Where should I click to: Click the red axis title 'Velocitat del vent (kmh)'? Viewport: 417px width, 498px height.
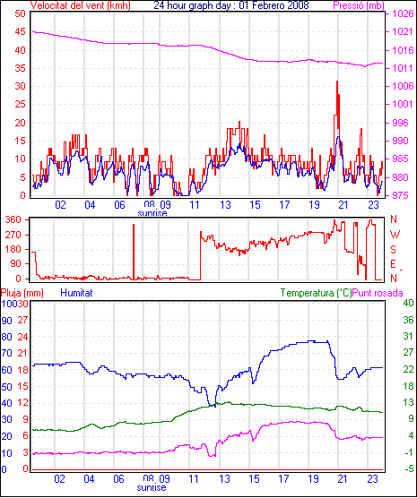point(81,5)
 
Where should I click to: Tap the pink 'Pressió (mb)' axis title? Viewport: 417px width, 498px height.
point(359,5)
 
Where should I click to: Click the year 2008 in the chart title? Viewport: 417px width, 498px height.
point(297,5)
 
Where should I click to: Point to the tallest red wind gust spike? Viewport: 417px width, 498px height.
point(337,82)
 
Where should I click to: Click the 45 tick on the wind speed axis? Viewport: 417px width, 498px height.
point(20,31)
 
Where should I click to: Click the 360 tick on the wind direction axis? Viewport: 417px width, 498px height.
point(13,219)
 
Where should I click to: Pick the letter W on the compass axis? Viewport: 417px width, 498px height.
point(395,235)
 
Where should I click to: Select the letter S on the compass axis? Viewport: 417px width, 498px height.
point(393,250)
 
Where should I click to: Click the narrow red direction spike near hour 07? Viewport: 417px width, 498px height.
point(134,252)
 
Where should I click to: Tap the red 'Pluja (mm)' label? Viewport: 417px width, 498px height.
point(22,293)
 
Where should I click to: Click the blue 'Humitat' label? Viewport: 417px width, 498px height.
point(76,293)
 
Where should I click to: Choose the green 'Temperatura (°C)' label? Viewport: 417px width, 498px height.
point(317,293)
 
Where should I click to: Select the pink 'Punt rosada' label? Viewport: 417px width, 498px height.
point(378,293)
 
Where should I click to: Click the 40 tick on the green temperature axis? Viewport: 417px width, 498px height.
point(409,303)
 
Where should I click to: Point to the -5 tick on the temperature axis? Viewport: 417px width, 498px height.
point(409,468)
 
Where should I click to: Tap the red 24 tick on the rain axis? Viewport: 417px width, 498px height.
point(22,337)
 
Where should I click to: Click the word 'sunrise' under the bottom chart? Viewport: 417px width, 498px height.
point(152,487)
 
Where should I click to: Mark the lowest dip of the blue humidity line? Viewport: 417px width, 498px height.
point(215,407)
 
